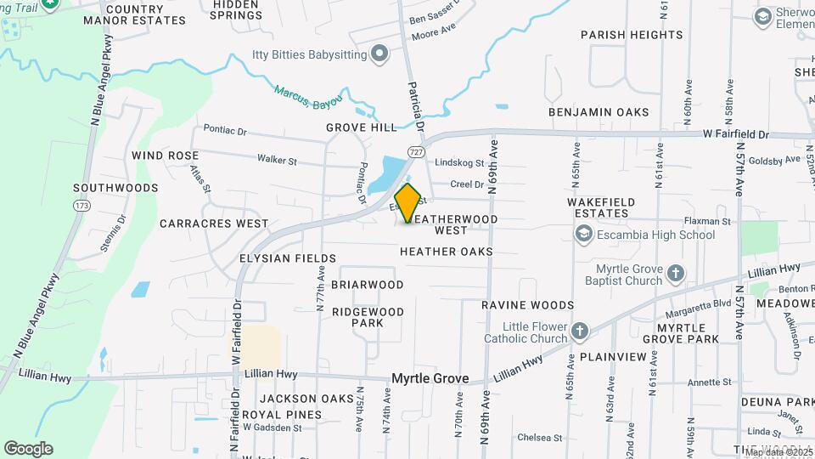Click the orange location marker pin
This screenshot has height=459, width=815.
(408, 202)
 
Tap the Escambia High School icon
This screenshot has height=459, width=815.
(583, 234)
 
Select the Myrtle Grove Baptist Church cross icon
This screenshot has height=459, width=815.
(675, 274)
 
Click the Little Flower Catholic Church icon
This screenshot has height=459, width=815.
(579, 331)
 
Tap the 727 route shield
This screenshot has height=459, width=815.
(415, 151)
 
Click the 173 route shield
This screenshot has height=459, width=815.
(81, 206)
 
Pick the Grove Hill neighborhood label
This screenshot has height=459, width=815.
(361, 127)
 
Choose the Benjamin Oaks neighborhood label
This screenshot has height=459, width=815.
(599, 112)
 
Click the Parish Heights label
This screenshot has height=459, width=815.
(632, 35)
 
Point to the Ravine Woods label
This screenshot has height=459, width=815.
(528, 305)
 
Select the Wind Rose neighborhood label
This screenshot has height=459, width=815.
(165, 156)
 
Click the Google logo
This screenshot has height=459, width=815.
(28, 449)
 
